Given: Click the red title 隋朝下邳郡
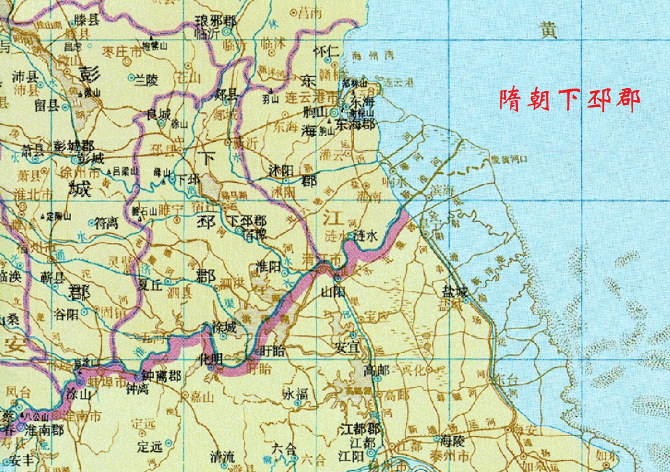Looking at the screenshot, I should pos(569,100).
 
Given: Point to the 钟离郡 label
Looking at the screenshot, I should pos(161,376).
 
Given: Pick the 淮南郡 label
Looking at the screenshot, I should pos(44,430).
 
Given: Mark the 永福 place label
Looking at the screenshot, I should pos(295,394).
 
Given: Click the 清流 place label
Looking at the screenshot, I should pos(222,457).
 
